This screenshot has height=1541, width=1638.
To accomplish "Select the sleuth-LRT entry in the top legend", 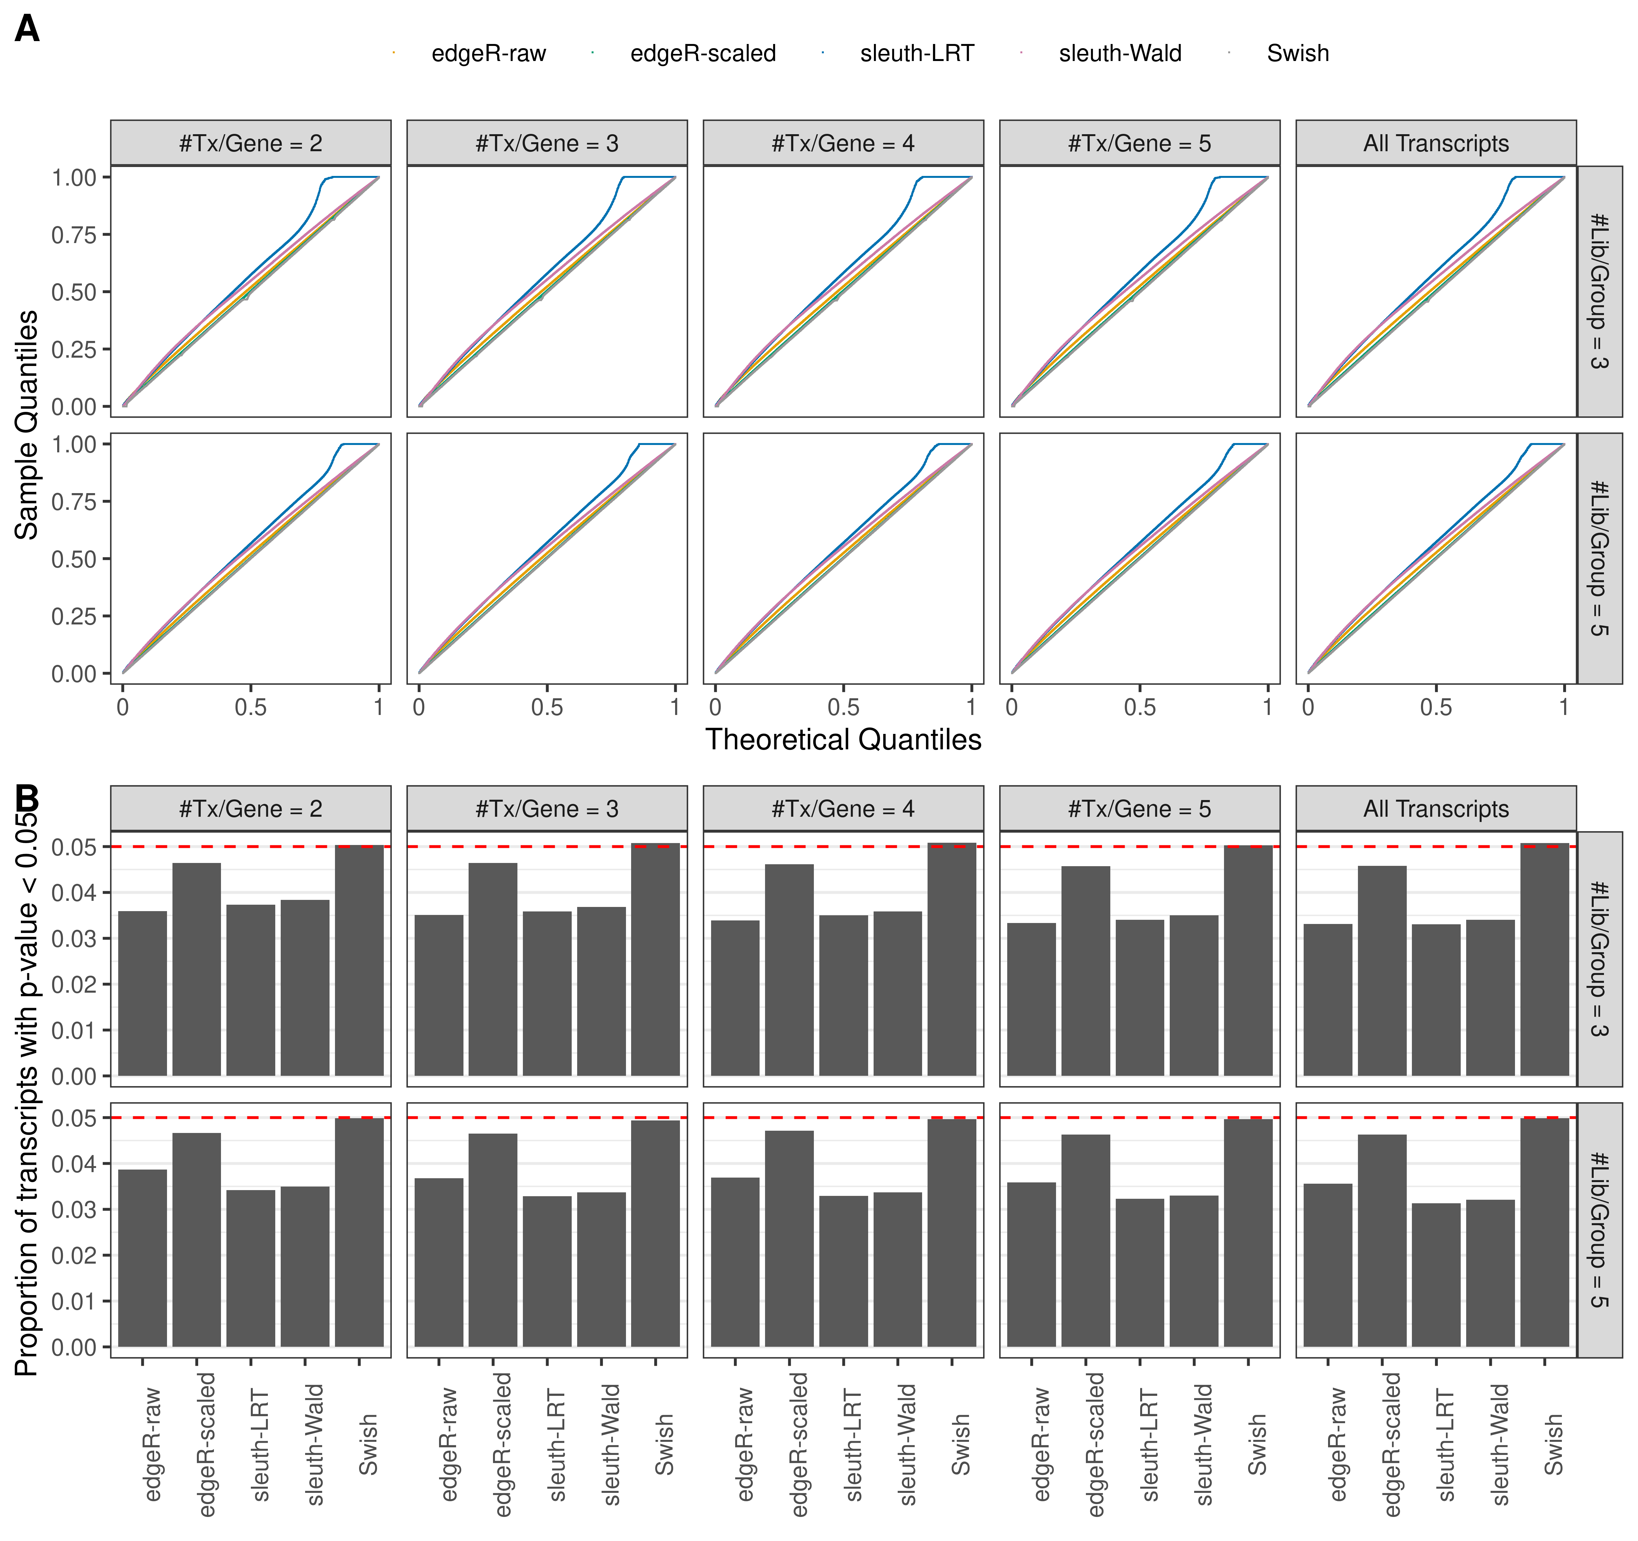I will pyautogui.click(x=916, y=54).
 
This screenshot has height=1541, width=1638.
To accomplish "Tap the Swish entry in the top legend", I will pyautogui.click(x=1297, y=54).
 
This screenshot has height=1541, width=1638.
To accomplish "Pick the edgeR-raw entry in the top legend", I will pyautogui.click(x=488, y=54).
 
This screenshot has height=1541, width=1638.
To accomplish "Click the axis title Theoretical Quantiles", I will pyautogui.click(x=843, y=740).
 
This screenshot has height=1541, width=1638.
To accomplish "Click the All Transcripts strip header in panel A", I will pyautogui.click(x=1435, y=143).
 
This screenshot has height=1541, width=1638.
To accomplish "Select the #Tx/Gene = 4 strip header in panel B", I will pyautogui.click(x=843, y=809).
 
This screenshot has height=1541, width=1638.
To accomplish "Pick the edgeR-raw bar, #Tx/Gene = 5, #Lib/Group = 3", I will pyautogui.click(x=1031, y=999).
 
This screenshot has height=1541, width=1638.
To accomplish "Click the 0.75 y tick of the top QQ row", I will pyautogui.click(x=74, y=235).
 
